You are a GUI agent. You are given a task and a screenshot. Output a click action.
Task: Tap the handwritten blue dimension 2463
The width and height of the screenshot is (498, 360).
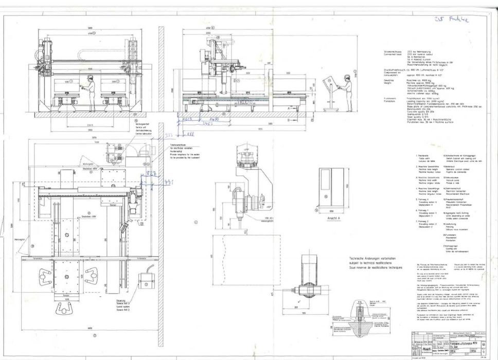click(208, 124)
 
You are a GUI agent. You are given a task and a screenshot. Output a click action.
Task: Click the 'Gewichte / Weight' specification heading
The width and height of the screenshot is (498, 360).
click(388, 80)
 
